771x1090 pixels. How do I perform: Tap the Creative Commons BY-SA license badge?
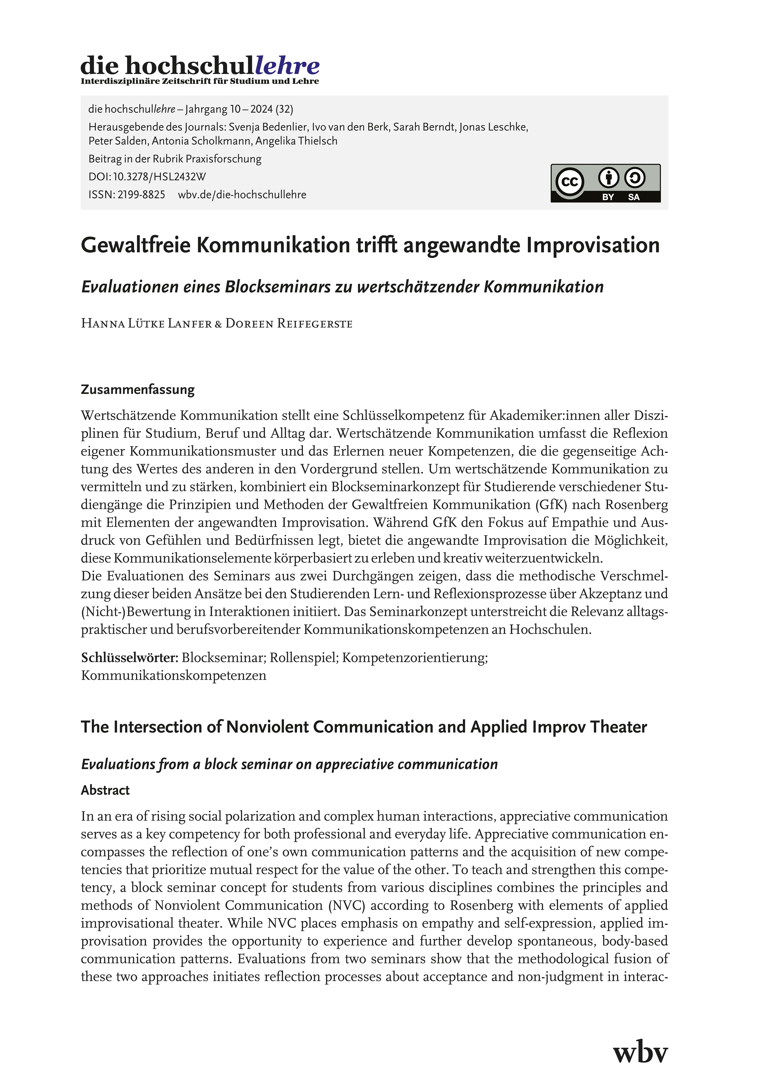(x=605, y=183)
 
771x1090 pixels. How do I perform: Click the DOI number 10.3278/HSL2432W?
(x=159, y=177)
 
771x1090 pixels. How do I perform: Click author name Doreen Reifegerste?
(x=289, y=324)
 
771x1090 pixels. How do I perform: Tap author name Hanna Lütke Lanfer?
(x=146, y=324)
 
